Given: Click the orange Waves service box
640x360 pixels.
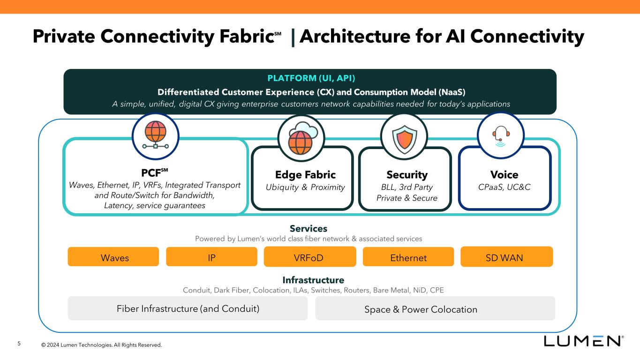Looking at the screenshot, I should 115,257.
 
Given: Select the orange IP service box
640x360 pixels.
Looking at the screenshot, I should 211,257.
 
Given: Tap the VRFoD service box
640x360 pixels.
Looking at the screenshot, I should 310,257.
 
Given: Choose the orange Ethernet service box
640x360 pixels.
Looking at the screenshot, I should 408,257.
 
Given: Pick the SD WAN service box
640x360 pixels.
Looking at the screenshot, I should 506,257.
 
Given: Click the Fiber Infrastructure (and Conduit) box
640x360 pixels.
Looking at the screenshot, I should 188,308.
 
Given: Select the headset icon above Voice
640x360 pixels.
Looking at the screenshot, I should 500,135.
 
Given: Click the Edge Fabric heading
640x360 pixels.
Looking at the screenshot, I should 305,175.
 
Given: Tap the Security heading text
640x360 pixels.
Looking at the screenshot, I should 407,175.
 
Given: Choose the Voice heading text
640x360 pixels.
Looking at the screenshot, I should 504,175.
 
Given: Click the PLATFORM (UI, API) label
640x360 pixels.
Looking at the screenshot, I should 310,78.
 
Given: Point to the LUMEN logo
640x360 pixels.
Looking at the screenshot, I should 583,341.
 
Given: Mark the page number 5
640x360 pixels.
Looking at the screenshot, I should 19,344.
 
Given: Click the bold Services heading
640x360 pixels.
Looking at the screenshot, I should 309,229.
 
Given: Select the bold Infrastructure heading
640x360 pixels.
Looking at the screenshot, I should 313,280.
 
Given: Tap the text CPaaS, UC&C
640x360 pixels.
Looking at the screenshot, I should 504,187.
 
